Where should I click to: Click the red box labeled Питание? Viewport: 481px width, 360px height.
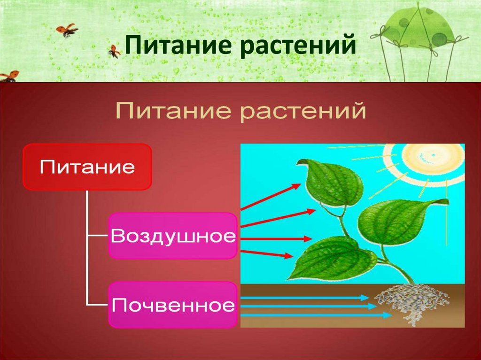coord(87,167)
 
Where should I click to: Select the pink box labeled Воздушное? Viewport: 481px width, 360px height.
coord(172,236)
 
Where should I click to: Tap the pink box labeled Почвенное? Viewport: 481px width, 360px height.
coord(172,305)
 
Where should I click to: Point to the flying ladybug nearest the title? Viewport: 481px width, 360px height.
coord(114,51)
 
